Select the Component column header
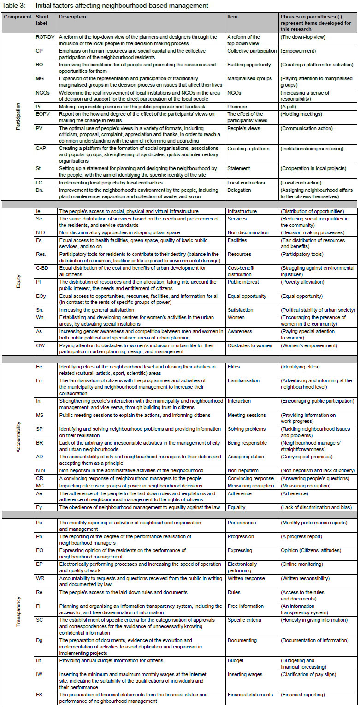click(x=17, y=17)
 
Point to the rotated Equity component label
click(x=18, y=282)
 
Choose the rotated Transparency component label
click(x=18, y=610)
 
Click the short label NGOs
click(x=42, y=93)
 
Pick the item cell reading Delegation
click(x=242, y=190)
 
